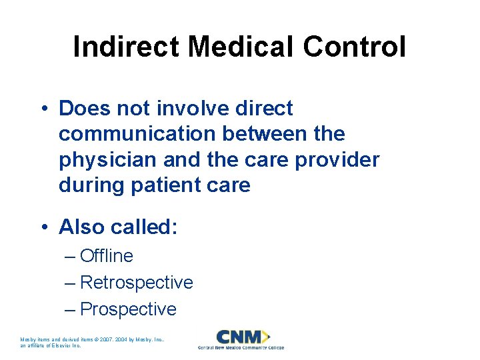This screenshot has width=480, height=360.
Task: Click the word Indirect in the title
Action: tap(126, 47)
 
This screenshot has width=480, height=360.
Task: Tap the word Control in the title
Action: tap(354, 47)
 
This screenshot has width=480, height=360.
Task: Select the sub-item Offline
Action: tap(107, 256)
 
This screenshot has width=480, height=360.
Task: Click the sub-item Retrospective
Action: tap(137, 283)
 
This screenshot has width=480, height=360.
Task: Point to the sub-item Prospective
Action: tap(128, 309)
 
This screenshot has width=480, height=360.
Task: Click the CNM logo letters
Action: tap(239, 337)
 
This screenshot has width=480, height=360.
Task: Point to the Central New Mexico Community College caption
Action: tap(241, 348)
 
